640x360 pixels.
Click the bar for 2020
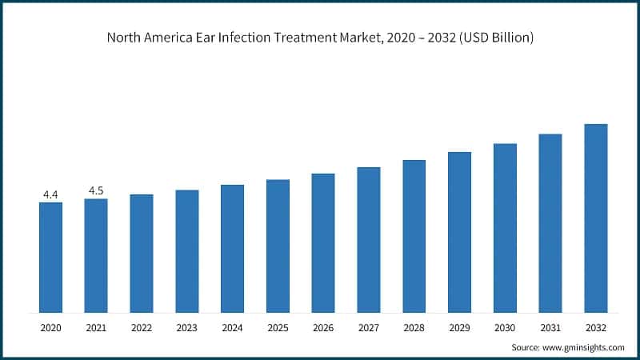pos(50,257)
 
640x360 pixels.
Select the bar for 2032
pos(596,218)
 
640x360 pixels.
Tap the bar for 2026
pos(323,242)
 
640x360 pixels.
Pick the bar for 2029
pos(459,232)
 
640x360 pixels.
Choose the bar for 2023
pos(187,251)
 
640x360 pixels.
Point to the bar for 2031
pos(550,223)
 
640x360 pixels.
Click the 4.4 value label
pos(50,194)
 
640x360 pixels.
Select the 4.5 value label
pos(96,190)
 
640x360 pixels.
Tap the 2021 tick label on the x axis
pos(96,328)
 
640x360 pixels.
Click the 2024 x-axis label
pos(232,328)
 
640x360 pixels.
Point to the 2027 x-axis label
pos(369,328)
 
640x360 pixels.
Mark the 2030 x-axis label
pos(505,328)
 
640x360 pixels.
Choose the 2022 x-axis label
pos(142,328)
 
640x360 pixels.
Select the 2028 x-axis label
pos(414,328)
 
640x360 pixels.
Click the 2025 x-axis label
pos(278,328)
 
